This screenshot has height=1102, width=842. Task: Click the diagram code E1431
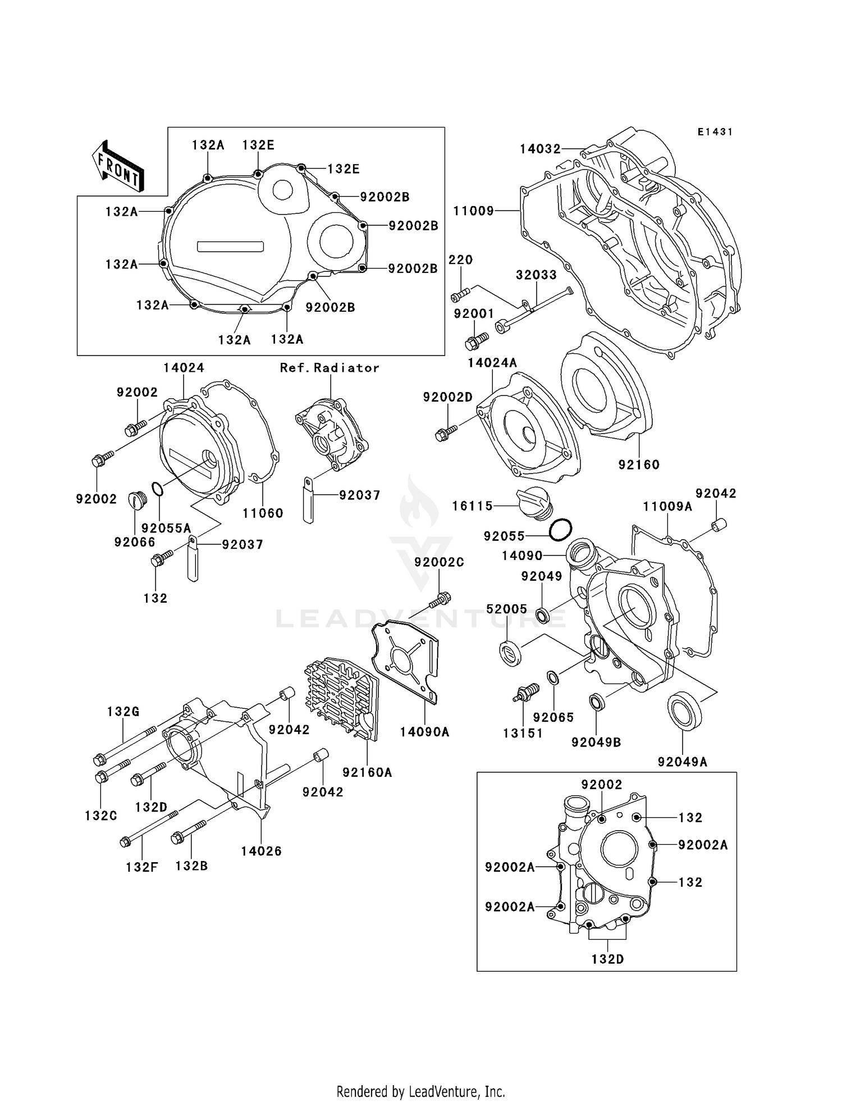tap(715, 132)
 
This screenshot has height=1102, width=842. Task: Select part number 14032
tap(540, 149)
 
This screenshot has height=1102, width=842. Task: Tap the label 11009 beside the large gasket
tap(473, 211)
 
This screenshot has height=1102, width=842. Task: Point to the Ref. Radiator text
tap(330, 368)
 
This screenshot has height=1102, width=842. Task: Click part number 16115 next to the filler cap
tap(472, 506)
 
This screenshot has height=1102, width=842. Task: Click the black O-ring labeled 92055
tap(561, 530)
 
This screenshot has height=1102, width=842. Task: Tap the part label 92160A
tap(367, 772)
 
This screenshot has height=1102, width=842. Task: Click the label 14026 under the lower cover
tap(261, 851)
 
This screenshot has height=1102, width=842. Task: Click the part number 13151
tap(523, 733)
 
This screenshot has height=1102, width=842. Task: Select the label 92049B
tap(596, 742)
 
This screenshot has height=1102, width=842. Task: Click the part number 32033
tap(536, 275)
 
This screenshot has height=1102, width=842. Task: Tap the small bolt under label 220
tap(459, 294)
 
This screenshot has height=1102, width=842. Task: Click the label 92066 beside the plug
tap(135, 541)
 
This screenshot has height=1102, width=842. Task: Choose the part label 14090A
tap(424, 732)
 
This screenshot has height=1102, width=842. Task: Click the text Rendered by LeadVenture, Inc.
tap(420, 1091)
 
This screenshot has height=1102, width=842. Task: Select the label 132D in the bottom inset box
tap(607, 959)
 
